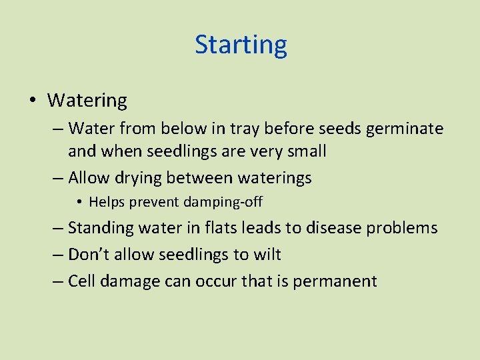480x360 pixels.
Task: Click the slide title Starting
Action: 241,45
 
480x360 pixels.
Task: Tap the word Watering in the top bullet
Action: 87,101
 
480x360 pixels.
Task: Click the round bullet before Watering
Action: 33,101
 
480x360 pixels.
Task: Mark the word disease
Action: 333,228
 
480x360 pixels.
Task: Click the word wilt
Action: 267,255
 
